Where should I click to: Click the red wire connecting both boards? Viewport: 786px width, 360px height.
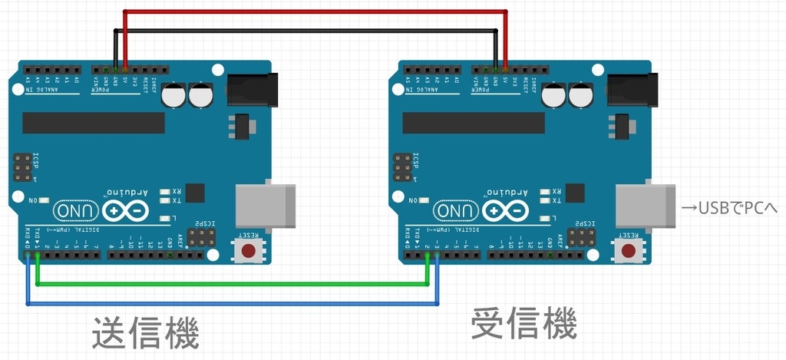(315, 12)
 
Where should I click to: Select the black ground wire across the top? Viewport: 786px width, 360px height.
(307, 31)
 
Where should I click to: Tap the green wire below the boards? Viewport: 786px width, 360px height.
(230, 284)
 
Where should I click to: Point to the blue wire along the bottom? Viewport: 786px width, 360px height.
(230, 304)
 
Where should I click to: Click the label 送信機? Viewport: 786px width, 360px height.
(145, 333)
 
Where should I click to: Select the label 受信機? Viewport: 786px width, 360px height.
(523, 324)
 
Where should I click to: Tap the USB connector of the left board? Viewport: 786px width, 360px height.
(266, 205)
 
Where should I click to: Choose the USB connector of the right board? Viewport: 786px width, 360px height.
(645, 205)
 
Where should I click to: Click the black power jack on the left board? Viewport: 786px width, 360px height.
(252, 89)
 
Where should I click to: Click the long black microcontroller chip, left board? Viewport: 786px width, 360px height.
(93, 122)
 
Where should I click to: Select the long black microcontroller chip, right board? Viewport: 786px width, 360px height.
(473, 122)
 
